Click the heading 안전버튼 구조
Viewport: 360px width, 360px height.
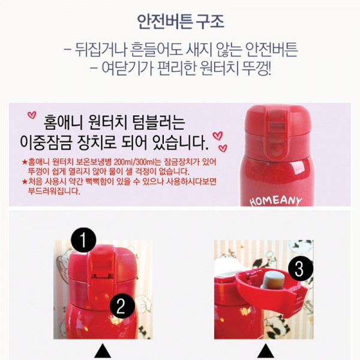180,22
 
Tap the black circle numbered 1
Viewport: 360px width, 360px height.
83,240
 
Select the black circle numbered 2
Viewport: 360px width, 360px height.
122,306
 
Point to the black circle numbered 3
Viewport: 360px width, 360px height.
301,268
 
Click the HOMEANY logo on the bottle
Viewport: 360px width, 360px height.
275,201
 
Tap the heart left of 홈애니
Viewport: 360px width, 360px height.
32,115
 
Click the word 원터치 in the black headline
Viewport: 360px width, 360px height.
107,122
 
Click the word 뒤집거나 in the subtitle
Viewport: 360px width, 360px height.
101,49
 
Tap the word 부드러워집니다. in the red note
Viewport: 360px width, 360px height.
54,191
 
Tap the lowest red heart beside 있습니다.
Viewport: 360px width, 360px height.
223,148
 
